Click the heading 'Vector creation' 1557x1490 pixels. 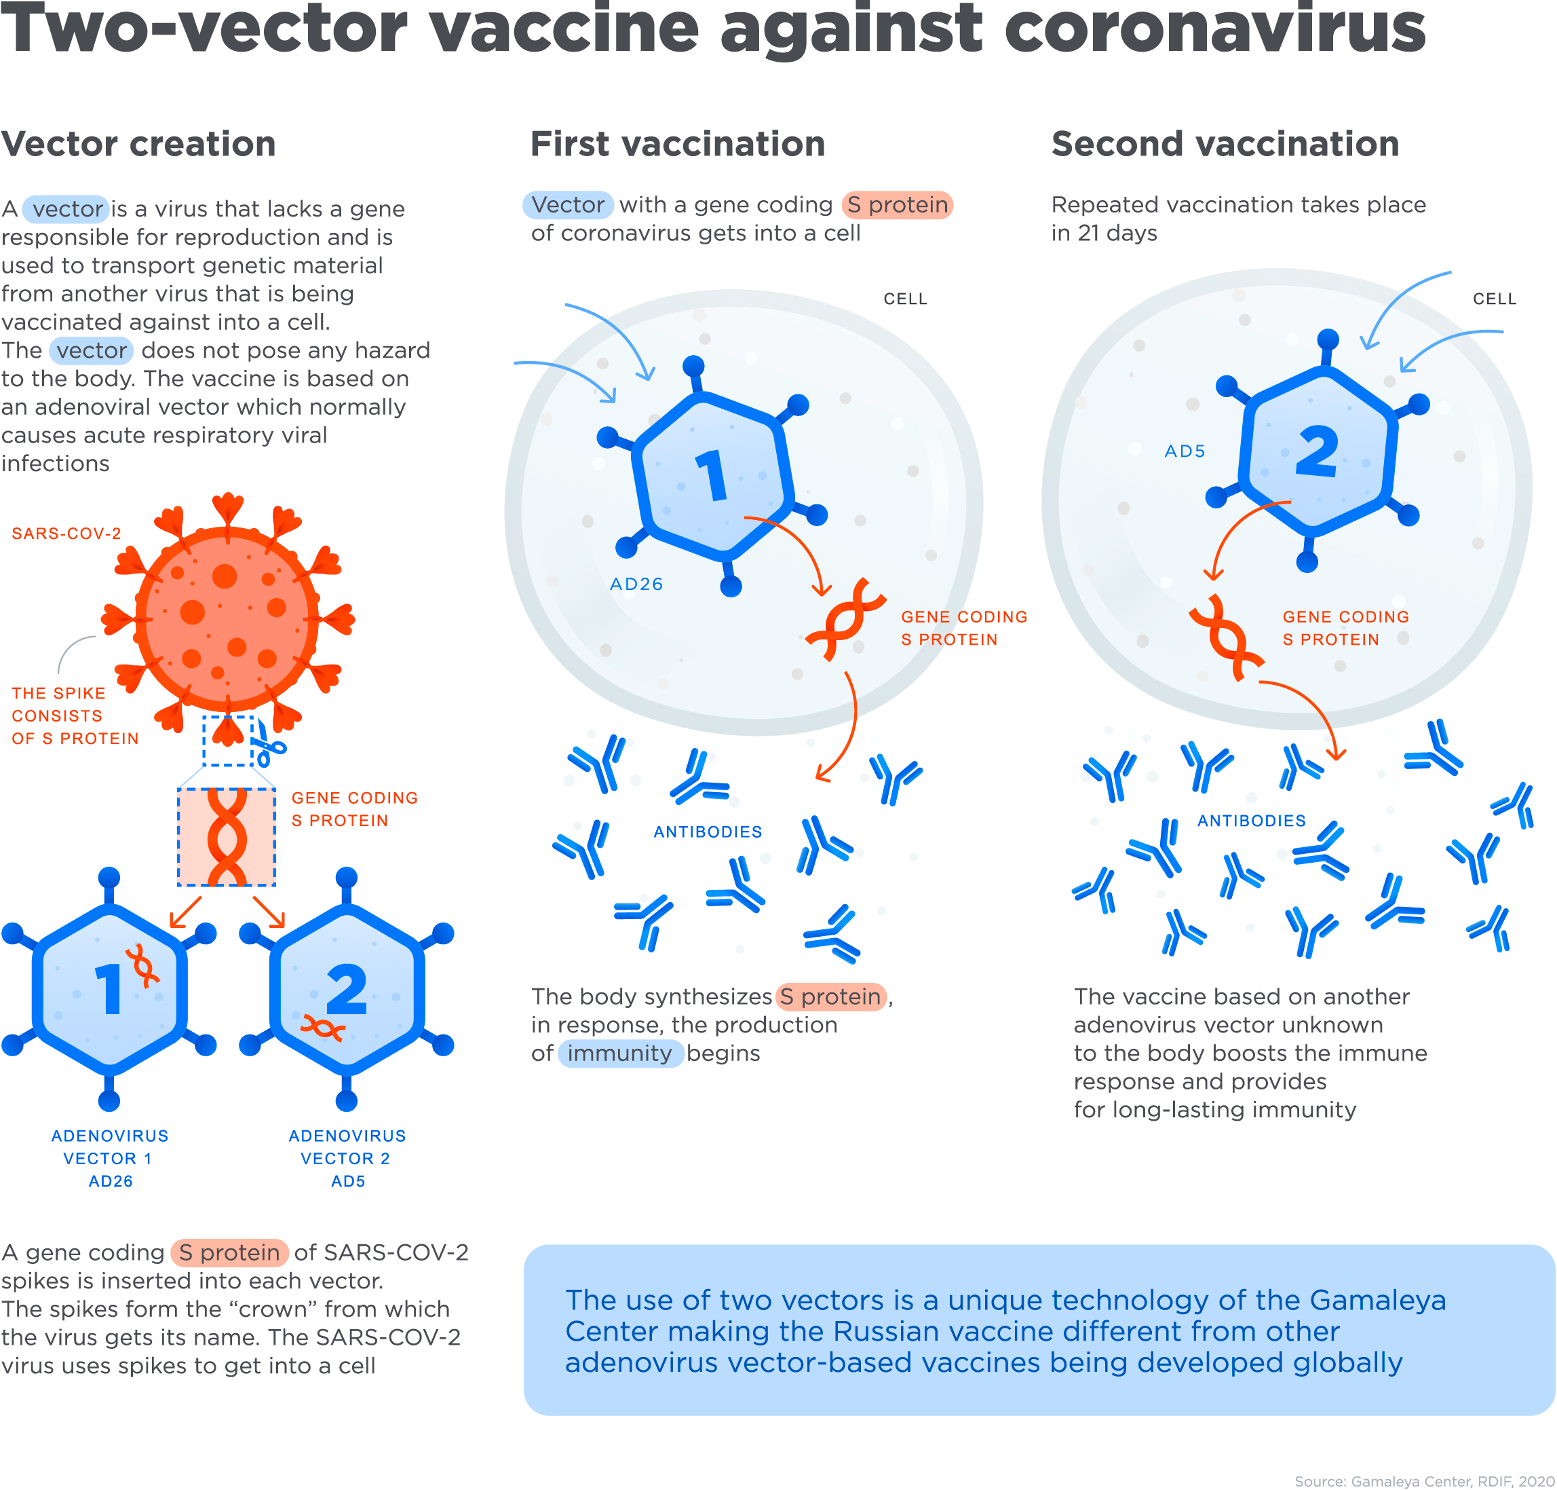(x=138, y=144)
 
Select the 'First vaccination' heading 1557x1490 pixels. (x=677, y=144)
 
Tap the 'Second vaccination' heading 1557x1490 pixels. (x=1225, y=144)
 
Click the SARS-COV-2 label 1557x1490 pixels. (x=66, y=533)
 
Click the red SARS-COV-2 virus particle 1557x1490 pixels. (x=227, y=620)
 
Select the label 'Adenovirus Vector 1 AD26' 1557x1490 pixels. (x=110, y=1157)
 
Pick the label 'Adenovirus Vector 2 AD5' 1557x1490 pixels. (x=347, y=1157)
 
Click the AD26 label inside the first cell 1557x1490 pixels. (x=636, y=584)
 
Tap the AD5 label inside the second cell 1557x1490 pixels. (x=1184, y=451)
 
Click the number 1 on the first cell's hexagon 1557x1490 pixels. (x=712, y=475)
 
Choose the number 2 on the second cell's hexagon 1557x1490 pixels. (x=1318, y=451)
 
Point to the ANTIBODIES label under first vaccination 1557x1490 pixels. (x=708, y=832)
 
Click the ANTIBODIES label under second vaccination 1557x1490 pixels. (x=1251, y=821)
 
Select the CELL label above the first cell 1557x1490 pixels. (x=905, y=299)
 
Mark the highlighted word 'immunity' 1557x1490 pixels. (x=619, y=1053)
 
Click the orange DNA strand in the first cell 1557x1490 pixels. (x=843, y=620)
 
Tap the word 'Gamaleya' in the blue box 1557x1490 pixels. (x=1377, y=1299)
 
